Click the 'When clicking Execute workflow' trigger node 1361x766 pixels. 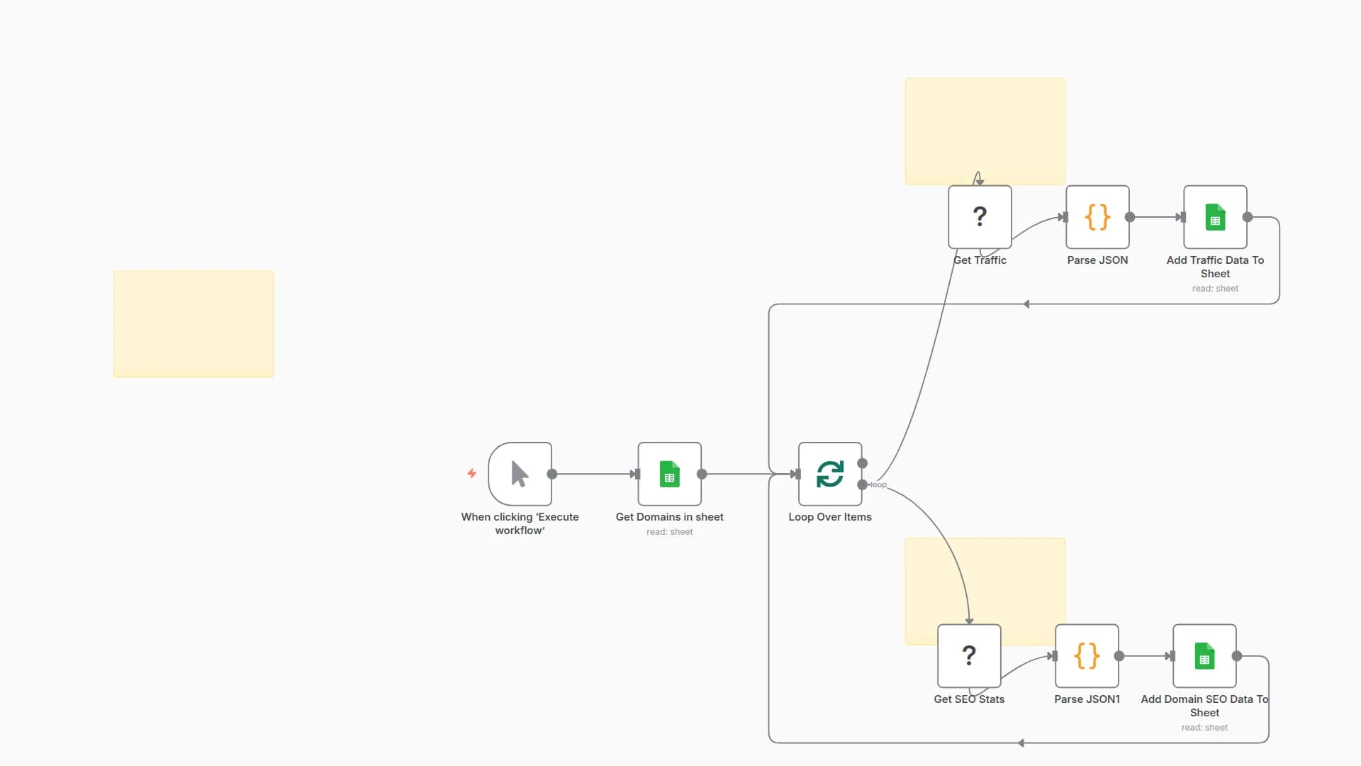(x=520, y=474)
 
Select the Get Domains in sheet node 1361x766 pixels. (x=669, y=474)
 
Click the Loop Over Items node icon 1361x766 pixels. (x=830, y=474)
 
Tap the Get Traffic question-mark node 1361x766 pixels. (x=980, y=216)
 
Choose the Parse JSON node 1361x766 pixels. (x=1097, y=216)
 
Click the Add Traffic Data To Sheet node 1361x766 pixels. (x=1215, y=216)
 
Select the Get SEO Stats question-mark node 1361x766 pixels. (x=969, y=655)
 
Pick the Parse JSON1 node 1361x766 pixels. (x=1087, y=655)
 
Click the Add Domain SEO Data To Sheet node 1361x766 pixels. (x=1204, y=655)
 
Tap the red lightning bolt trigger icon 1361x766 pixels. (x=471, y=473)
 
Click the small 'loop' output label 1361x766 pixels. (x=878, y=485)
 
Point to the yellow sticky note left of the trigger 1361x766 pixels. (x=194, y=323)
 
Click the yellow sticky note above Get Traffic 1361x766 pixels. (x=985, y=128)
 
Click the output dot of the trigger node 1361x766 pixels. (x=552, y=474)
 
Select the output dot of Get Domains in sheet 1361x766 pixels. (x=702, y=474)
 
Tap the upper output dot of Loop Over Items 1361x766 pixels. (x=863, y=463)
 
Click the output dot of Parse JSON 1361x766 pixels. (x=1130, y=217)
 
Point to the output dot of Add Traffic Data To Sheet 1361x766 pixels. (x=1248, y=217)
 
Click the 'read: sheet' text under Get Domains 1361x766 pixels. (x=669, y=532)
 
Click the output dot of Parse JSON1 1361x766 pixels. (x=1119, y=656)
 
